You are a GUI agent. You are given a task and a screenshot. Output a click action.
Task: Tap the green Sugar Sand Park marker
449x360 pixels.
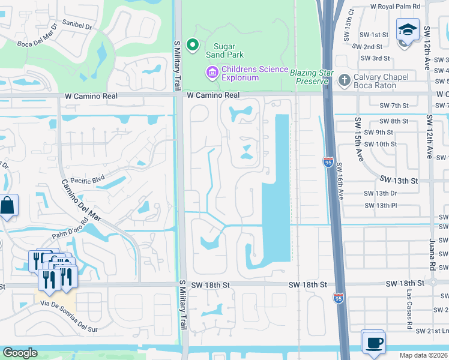pyautogui.click(x=192, y=44)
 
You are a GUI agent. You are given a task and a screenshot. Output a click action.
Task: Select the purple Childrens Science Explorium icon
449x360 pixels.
pyautogui.click(x=211, y=73)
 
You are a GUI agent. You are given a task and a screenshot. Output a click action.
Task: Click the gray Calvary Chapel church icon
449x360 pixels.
pyautogui.click(x=344, y=80)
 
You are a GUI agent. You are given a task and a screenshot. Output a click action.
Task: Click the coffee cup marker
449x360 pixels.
pyautogui.click(x=374, y=343)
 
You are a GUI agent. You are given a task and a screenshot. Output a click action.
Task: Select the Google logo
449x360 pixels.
pyautogui.click(x=19, y=353)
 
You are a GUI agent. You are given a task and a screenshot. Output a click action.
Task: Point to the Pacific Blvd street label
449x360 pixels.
pyautogui.click(x=88, y=179)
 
